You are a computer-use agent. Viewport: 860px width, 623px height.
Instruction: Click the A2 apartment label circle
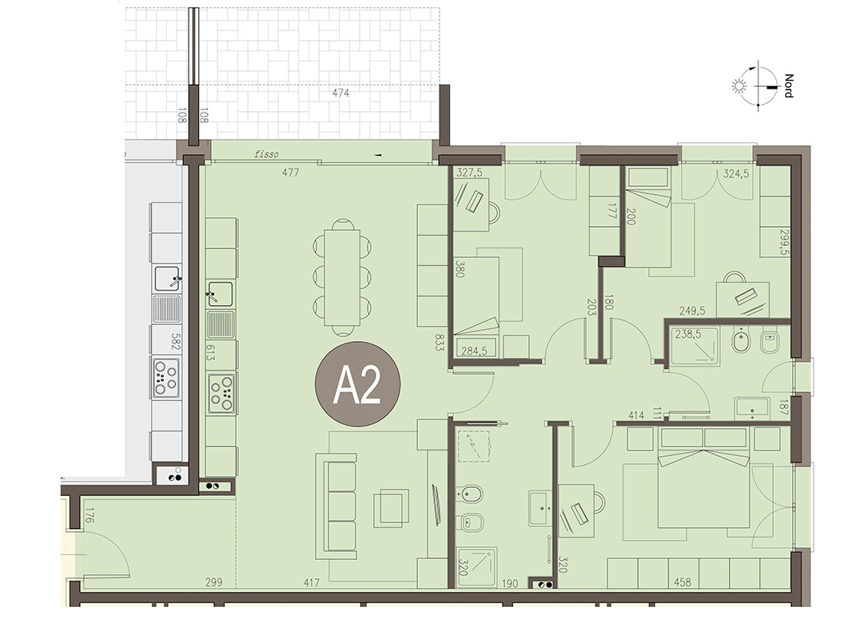point(357,384)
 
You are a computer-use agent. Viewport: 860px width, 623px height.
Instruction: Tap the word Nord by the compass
point(789,86)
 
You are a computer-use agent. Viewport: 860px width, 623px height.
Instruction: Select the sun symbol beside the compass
point(739,86)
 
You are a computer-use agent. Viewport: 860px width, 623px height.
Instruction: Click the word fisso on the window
point(267,154)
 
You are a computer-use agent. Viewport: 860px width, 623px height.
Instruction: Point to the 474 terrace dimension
point(340,93)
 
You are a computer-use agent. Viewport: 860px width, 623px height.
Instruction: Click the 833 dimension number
point(439,342)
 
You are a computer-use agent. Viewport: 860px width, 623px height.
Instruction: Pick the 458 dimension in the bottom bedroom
point(683,582)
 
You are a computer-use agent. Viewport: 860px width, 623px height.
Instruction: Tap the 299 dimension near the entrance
point(213,582)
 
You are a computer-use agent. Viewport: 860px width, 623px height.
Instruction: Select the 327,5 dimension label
point(469,173)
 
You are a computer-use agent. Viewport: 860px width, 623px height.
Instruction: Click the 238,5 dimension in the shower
point(688,334)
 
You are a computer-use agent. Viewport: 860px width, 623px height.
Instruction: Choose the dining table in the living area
point(342,277)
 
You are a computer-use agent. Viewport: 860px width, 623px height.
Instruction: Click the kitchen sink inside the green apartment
point(220,294)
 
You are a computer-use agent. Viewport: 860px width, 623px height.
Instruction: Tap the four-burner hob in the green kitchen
point(221,393)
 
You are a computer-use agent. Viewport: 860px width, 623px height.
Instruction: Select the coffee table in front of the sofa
point(391,507)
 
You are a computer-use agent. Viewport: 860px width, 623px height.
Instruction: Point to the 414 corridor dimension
point(636,415)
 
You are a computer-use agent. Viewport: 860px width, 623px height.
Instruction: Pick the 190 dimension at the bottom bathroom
point(510,584)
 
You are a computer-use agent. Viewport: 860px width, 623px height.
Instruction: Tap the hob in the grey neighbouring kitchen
point(166,378)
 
